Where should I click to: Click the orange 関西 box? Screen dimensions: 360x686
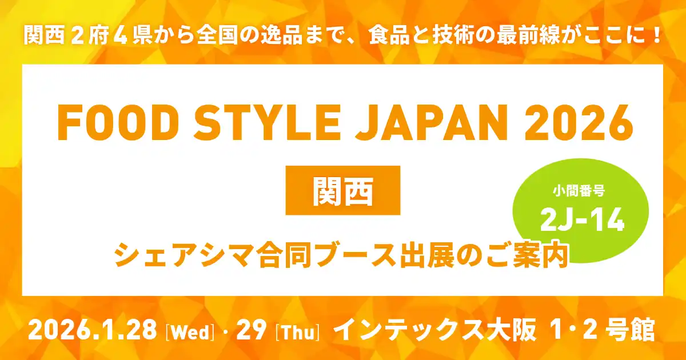tap(342, 190)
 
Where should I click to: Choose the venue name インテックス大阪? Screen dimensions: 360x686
tap(434, 330)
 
